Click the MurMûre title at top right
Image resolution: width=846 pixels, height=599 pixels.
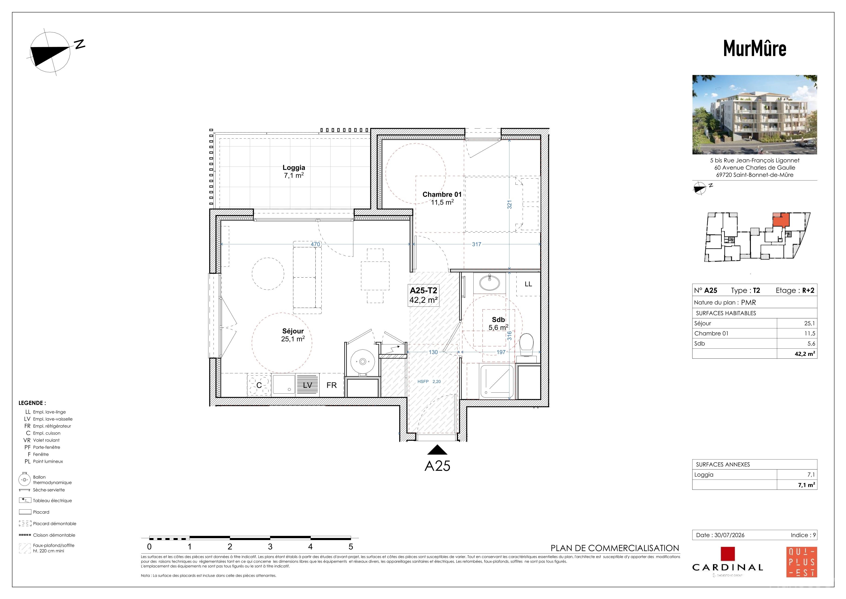click(755, 48)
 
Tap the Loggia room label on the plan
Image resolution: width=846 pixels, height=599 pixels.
click(294, 167)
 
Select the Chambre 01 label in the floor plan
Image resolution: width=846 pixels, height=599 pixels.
click(442, 194)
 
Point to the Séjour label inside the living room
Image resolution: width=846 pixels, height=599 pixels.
click(293, 331)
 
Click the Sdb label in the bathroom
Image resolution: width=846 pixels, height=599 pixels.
click(498, 320)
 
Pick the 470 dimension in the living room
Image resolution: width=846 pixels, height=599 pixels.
click(315, 244)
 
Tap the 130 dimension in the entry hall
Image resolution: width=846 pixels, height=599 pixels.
click(433, 352)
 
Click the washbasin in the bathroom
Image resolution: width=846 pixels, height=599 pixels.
click(490, 283)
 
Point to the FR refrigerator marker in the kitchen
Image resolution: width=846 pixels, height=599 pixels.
click(332, 385)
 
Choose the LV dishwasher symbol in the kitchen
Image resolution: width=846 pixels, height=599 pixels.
click(307, 385)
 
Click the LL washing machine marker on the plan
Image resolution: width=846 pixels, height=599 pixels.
click(528, 284)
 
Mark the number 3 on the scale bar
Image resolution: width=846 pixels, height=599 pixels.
click(270, 547)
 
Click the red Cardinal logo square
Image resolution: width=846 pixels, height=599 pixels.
click(728, 554)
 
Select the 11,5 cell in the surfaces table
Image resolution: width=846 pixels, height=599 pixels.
click(809, 334)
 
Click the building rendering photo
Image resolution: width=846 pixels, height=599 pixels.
click(755, 115)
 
